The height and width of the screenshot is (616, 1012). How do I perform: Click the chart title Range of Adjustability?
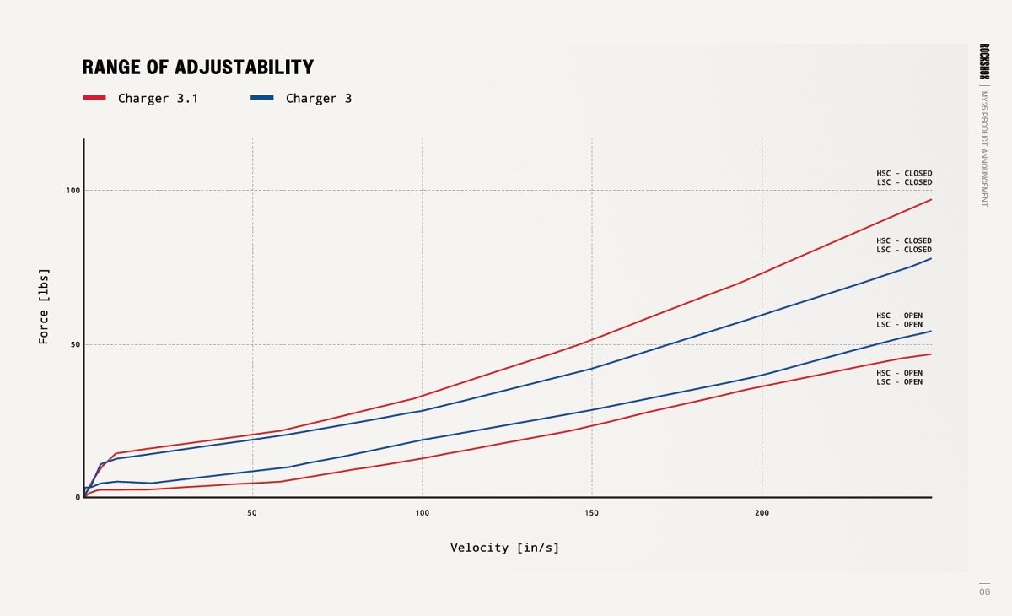click(197, 68)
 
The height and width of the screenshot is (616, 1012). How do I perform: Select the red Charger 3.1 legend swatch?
click(94, 98)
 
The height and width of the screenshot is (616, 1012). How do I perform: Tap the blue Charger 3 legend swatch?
click(262, 98)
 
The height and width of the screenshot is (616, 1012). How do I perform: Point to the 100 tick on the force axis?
click(73, 191)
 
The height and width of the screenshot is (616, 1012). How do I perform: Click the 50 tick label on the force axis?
click(75, 345)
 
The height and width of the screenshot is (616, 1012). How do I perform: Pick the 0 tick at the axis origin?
click(78, 498)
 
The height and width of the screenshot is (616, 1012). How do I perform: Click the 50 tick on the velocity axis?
click(252, 513)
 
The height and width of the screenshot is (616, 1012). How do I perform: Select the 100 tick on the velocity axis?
click(423, 513)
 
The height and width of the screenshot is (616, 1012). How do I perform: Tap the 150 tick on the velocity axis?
click(592, 513)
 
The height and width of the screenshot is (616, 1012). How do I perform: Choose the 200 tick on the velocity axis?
click(762, 513)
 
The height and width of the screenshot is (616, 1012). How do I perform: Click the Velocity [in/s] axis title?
click(504, 548)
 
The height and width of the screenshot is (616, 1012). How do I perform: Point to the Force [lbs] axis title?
click(44, 305)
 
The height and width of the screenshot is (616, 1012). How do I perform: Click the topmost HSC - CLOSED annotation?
click(904, 174)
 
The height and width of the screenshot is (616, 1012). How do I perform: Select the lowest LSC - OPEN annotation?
click(899, 382)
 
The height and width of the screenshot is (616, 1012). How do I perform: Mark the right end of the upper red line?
click(931, 199)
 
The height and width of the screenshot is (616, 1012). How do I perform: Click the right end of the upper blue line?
click(931, 258)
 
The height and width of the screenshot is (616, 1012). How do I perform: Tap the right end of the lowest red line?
click(931, 354)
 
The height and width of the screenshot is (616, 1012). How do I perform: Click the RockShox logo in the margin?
click(984, 62)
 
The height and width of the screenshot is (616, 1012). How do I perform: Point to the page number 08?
click(984, 592)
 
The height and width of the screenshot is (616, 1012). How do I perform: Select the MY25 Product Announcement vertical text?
click(984, 149)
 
